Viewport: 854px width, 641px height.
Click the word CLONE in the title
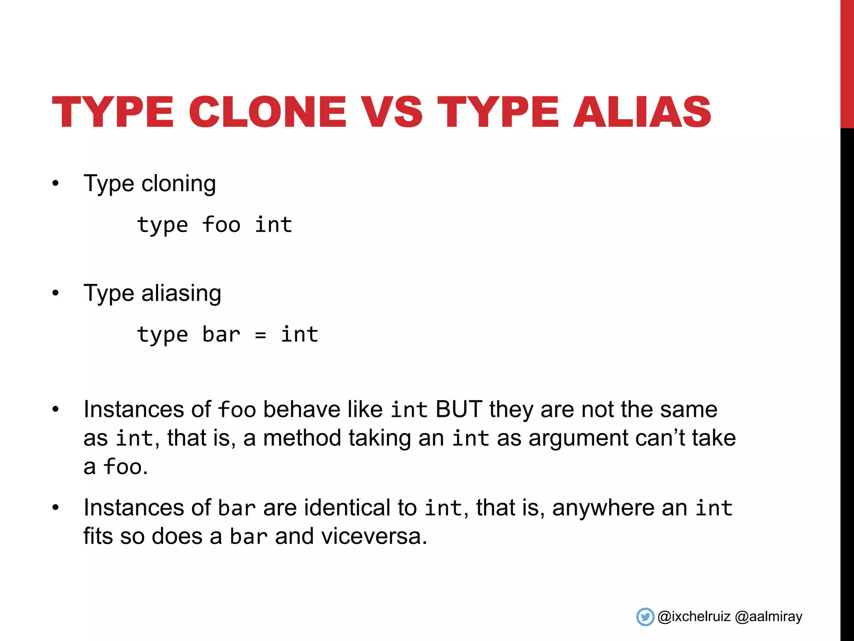pos(267,112)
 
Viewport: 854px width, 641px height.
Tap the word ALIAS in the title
pos(642,112)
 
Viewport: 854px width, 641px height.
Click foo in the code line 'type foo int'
pos(221,225)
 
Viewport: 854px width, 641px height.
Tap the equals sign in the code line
pos(260,335)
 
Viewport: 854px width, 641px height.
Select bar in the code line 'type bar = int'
pos(221,335)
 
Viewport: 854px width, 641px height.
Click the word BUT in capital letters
pos(459,409)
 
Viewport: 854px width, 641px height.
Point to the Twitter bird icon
pos(645,617)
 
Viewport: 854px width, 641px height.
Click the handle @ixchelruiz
pos(694,617)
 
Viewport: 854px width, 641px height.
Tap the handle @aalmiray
pos(769,617)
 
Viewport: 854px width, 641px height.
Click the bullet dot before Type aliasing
pos(55,293)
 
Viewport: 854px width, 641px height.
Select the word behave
pos(302,409)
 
